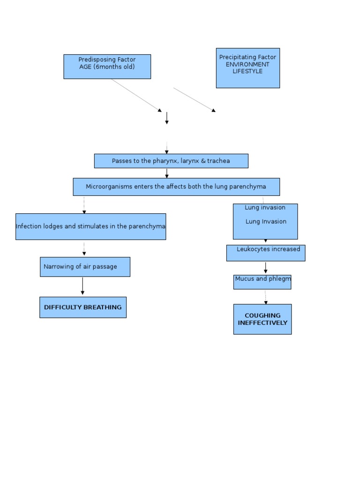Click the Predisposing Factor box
pos(107,67)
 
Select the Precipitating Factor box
pos(247,68)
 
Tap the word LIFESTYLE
pos(247,71)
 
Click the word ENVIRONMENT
pos(247,64)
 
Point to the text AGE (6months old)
pos(107,67)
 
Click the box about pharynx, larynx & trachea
pos(171,161)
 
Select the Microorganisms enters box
pos(176,187)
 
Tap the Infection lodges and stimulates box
pos(90,226)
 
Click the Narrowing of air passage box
pos(85,267)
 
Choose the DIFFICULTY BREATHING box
pos(83,307)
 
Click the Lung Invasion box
pos(265,221)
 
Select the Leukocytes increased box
pos(266,253)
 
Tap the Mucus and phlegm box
pos(262,282)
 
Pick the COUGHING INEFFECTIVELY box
pos(262,319)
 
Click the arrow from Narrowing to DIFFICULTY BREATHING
pos(82,286)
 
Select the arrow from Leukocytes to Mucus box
pos(266,268)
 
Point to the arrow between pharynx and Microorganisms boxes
pos(167,173)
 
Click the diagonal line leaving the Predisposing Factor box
pos(136,95)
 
